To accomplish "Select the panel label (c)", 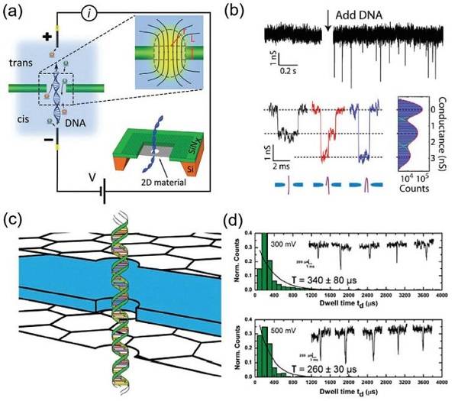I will pyautogui.click(x=16, y=218).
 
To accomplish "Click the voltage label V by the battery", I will pyautogui.click(x=92, y=177).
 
